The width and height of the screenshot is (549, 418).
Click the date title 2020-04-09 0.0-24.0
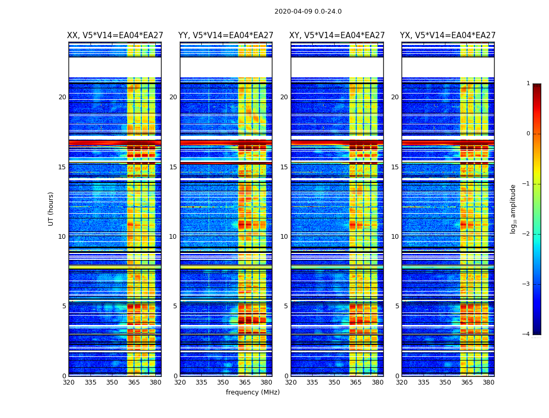[308, 11]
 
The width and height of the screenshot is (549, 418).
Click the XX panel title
[115, 36]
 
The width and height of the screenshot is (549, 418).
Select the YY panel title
[226, 36]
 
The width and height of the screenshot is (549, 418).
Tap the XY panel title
[337, 36]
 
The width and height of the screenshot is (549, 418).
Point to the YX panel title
[448, 36]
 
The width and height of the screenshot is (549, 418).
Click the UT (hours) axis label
[51, 208]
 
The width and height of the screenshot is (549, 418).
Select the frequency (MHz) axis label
[253, 392]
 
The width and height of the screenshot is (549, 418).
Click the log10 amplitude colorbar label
[513, 208]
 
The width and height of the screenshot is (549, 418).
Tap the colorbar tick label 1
[528, 84]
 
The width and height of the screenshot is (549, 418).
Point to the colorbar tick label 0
[528, 134]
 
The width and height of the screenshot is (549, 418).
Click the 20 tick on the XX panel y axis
[62, 97]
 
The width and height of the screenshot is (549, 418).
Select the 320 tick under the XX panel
[68, 382]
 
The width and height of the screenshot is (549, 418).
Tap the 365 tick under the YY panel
[245, 382]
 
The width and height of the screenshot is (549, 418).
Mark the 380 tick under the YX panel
[488, 382]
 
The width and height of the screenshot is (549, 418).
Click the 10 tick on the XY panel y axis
[284, 237]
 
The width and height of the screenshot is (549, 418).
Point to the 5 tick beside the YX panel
[397, 306]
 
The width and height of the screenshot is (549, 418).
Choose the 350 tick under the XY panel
[334, 382]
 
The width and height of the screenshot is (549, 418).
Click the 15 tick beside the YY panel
[173, 167]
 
